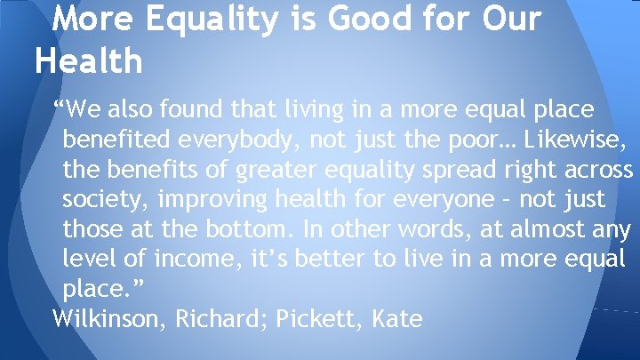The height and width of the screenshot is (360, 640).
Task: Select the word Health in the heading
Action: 88,60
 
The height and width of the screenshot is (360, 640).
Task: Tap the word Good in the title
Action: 345,19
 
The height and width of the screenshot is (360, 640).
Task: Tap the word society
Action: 98,200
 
